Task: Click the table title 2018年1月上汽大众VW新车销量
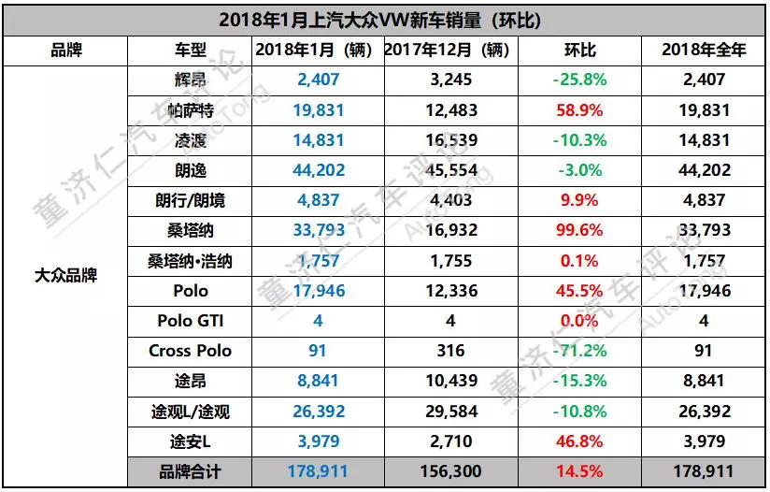click(x=385, y=20)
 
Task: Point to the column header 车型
click(x=191, y=51)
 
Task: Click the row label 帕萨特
click(x=191, y=110)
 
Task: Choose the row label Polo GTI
click(x=191, y=321)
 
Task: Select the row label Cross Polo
click(x=191, y=351)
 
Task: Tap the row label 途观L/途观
click(x=191, y=411)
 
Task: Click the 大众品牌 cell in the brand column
click(x=66, y=276)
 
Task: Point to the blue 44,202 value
click(x=316, y=170)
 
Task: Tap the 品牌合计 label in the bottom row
click(x=191, y=471)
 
